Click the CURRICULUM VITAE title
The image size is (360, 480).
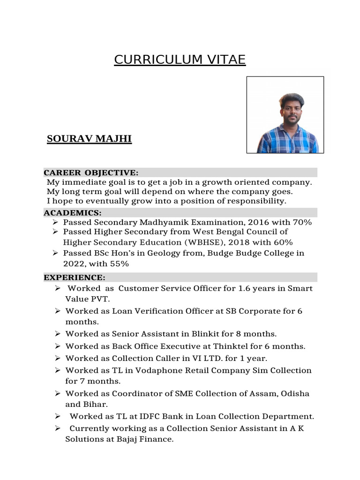pyautogui.click(x=180, y=60)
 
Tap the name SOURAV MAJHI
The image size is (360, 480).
pyautogui.click(x=89, y=139)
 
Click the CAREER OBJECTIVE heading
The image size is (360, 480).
pyautogui.click(x=91, y=172)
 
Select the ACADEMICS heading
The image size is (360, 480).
pyautogui.click(x=72, y=213)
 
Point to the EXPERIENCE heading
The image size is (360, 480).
pyautogui.click(x=75, y=277)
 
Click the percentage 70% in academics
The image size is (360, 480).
pyautogui.click(x=301, y=222)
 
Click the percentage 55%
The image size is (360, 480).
pyautogui.click(x=120, y=264)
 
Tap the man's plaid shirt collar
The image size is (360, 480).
pyautogui.click(x=286, y=127)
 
